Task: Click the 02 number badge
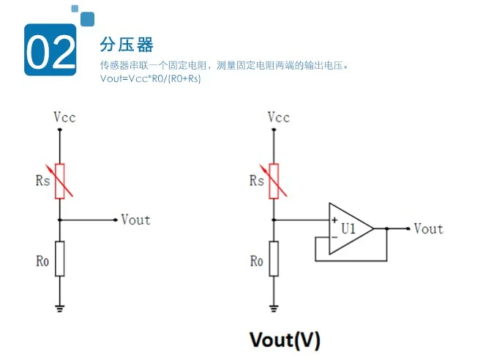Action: (50, 50)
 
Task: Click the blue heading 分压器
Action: (127, 45)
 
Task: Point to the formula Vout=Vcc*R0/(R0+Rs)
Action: (151, 78)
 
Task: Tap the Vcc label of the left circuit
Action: (64, 117)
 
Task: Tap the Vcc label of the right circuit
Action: (279, 117)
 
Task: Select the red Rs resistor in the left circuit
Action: (60, 181)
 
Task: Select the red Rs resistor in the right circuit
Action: (274, 181)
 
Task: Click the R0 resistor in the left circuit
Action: (60, 258)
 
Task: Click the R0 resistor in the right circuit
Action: (274, 258)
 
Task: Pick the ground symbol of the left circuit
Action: (60, 309)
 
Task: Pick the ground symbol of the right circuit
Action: (274, 309)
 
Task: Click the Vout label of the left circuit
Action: (136, 220)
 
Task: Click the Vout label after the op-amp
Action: (429, 228)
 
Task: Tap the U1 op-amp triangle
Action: (348, 228)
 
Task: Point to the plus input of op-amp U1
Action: (334, 220)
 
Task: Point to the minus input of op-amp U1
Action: (334, 237)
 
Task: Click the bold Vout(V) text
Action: (285, 340)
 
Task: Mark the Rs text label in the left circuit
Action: (43, 181)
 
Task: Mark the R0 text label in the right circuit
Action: (256, 260)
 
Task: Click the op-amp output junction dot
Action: (386, 228)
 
